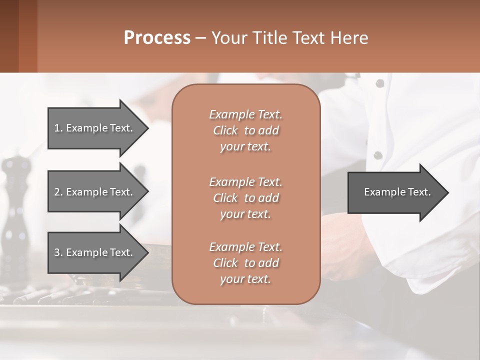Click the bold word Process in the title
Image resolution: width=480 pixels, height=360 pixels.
pos(157,38)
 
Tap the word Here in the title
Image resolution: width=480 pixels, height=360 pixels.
pos(349,38)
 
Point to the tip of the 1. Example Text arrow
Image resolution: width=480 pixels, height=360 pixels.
pos(147,128)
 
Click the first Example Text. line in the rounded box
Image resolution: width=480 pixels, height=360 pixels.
pos(245,114)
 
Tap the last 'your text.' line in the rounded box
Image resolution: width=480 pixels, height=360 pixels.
pos(245,279)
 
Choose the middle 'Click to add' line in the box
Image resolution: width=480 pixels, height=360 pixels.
pos(245,198)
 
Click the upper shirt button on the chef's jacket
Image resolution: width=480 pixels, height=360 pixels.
pos(379,83)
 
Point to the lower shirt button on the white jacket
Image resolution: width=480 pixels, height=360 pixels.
pos(378,155)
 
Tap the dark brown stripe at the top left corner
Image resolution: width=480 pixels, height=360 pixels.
pos(9,36)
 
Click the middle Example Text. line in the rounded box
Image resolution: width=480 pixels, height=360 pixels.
pos(245,182)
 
